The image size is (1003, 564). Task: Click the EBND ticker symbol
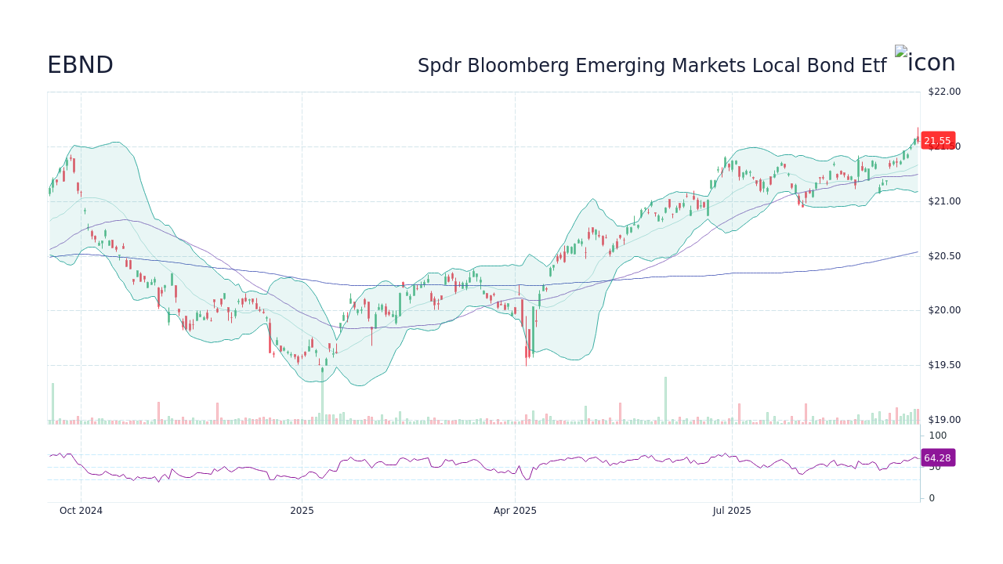[80, 65]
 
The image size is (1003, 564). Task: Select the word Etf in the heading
[872, 66]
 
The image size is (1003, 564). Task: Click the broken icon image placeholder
[901, 52]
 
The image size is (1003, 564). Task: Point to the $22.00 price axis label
[943, 92]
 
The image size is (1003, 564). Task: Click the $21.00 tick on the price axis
[943, 201]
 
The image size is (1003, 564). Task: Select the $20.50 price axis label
[943, 256]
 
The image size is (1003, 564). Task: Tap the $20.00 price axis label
[943, 310]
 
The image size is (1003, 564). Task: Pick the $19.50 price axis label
[943, 365]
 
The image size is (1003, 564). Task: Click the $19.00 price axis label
[943, 420]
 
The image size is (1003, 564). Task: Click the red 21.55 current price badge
[937, 141]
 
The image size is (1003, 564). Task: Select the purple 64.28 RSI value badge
[937, 457]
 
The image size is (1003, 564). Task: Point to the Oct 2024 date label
[81, 511]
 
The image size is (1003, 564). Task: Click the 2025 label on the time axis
[302, 511]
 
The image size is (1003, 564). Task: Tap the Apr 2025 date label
[515, 511]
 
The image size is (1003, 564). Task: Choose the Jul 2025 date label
[732, 511]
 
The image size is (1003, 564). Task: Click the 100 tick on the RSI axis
[937, 436]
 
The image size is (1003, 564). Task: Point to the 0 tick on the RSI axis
[932, 497]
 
